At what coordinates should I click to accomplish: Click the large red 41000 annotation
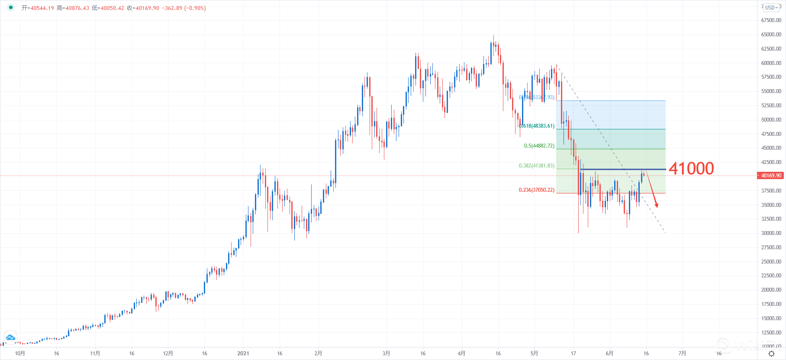(x=691, y=168)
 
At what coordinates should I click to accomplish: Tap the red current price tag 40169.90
(x=771, y=176)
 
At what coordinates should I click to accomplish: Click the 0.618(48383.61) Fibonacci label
(x=537, y=126)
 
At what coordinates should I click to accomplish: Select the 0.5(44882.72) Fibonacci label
(x=539, y=146)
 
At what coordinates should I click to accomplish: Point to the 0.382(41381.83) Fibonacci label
(x=536, y=166)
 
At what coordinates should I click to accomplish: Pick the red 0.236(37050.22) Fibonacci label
(x=536, y=190)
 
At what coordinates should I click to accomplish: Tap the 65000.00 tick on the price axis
(x=771, y=35)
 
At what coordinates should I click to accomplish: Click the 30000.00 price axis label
(x=771, y=233)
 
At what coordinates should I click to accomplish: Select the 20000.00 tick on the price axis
(x=771, y=290)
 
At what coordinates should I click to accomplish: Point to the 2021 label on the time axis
(x=243, y=354)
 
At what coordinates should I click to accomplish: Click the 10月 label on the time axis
(x=20, y=354)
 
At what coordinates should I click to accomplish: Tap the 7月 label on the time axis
(x=682, y=354)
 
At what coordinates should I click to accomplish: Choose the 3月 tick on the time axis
(x=386, y=354)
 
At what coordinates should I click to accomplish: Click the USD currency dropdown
(x=772, y=7)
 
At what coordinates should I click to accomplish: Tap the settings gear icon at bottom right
(x=771, y=354)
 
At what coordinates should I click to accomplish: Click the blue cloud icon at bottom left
(x=10, y=337)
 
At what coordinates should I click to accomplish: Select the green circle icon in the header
(x=11, y=7)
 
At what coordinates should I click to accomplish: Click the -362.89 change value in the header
(x=172, y=8)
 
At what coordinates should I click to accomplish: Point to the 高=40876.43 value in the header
(x=73, y=8)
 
